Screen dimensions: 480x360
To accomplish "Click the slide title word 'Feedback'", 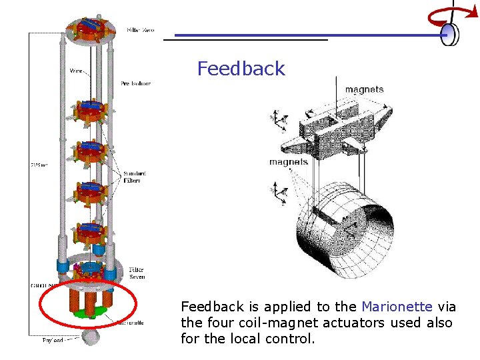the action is [x=241, y=69].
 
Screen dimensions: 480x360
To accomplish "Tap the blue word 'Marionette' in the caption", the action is [x=397, y=307].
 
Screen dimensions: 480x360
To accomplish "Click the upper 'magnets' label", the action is [x=364, y=90].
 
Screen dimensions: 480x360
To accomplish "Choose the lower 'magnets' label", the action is [x=288, y=161].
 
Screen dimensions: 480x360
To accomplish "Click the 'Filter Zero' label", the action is [x=140, y=31].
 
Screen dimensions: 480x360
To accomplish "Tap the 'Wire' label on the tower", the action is [x=76, y=69].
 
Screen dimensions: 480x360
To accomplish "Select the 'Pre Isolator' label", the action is [x=135, y=83].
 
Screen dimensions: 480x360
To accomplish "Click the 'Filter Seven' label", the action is [x=136, y=273].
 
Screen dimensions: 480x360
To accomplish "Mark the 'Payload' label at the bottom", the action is [x=53, y=340].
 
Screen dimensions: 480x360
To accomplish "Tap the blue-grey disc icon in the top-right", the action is [x=451, y=34].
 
